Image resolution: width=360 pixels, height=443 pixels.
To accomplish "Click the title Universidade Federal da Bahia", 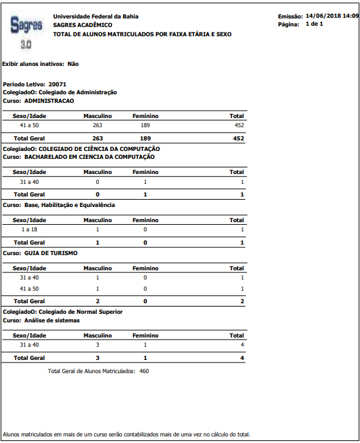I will (96, 16).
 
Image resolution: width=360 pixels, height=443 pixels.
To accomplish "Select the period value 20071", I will (57, 85).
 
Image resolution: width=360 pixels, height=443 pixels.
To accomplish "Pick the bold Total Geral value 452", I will (238, 138).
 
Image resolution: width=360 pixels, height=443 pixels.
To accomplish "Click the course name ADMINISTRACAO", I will (49, 101).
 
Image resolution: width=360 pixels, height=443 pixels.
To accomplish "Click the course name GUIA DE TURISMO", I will (51, 252).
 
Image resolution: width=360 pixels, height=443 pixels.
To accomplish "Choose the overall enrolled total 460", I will (144, 371).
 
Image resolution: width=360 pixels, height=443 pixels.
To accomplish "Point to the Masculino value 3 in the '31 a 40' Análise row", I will (98, 344).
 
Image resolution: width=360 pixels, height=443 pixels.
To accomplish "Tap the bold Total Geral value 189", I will (145, 138).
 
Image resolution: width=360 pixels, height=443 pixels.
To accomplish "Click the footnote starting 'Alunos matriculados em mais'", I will (127, 434).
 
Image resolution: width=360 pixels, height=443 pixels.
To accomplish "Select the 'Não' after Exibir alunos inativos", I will (73, 64).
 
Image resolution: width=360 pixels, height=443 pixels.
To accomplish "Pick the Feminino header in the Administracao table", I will (145, 116).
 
